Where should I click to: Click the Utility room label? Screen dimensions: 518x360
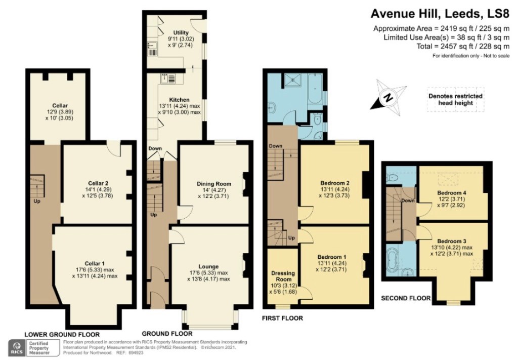point(181,32)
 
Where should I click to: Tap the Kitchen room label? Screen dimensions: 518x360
point(180,100)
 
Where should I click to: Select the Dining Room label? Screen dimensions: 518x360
point(214,184)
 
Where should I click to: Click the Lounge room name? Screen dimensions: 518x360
point(208,266)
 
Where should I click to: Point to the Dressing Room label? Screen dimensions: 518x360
point(283,276)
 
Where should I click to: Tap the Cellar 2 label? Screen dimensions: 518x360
point(98,183)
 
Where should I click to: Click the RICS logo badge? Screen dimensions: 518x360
point(17,348)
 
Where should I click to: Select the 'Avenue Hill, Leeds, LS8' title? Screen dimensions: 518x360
point(440,14)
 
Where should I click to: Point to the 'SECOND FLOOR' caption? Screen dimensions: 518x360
point(406,298)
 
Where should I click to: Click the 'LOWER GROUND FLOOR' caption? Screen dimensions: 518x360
point(62,334)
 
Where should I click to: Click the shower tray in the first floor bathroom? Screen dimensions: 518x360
point(293,79)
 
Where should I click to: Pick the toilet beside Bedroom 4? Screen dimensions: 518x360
point(393,179)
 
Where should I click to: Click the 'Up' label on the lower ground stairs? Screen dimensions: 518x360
point(36,201)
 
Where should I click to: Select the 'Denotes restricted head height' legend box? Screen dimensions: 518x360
point(456,99)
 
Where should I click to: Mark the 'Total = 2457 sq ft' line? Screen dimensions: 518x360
point(463,46)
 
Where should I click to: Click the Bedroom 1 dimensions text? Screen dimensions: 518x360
point(332,266)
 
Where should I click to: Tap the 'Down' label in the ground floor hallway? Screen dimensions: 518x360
point(155,148)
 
